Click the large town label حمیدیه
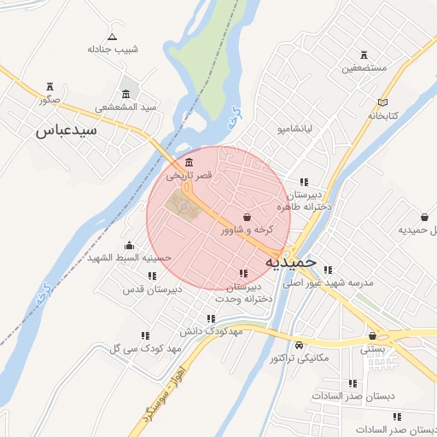tap(291, 261)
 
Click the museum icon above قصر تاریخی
tap(189, 163)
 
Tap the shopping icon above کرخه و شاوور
tap(248, 218)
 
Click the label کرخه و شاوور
tap(248, 230)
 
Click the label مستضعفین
tap(364, 67)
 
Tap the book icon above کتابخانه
tap(383, 102)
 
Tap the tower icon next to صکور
tap(50, 87)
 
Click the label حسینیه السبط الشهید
tap(130, 257)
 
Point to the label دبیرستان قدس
tap(152, 288)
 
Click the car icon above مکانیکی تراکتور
tap(299, 346)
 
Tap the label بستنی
tap(373, 348)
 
